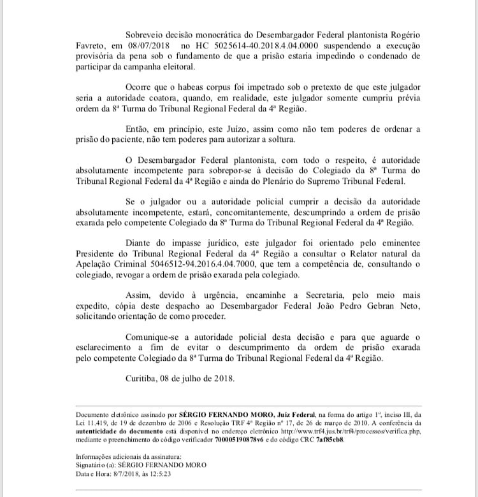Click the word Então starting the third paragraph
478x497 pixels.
(x=139, y=128)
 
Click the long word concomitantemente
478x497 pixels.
(x=234, y=212)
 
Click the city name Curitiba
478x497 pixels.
(x=145, y=377)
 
